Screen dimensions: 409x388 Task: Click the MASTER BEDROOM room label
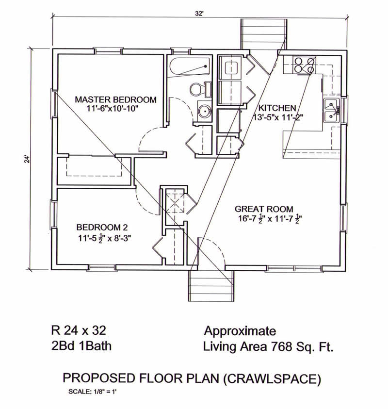pos(115,99)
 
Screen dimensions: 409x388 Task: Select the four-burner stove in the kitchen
pos(305,65)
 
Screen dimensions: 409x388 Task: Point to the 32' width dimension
pos(199,14)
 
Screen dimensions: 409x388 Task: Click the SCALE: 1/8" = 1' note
pos(92,391)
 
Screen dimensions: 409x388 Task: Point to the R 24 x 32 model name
pos(78,331)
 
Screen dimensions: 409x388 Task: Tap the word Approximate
pos(240,331)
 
